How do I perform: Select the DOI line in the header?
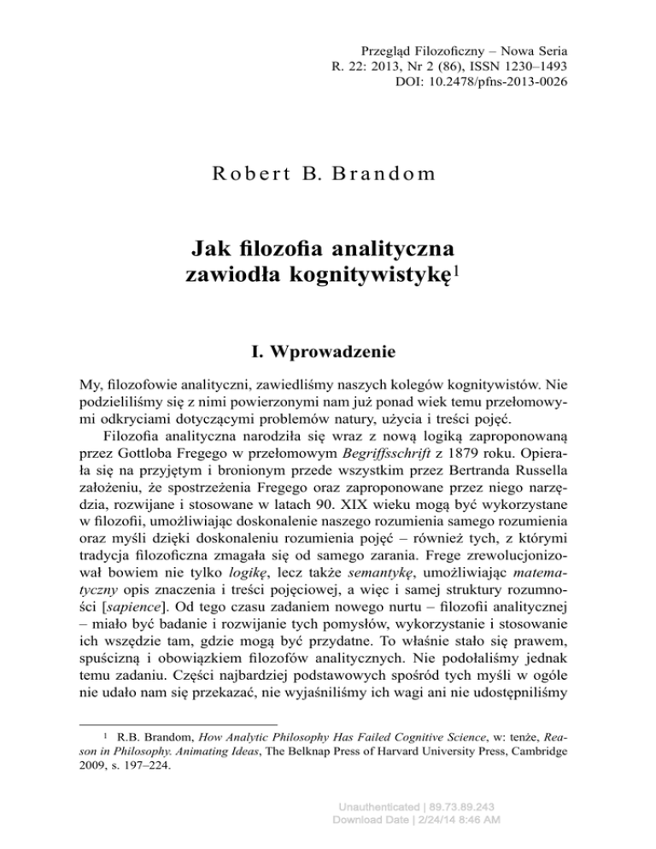[x=483, y=84]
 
